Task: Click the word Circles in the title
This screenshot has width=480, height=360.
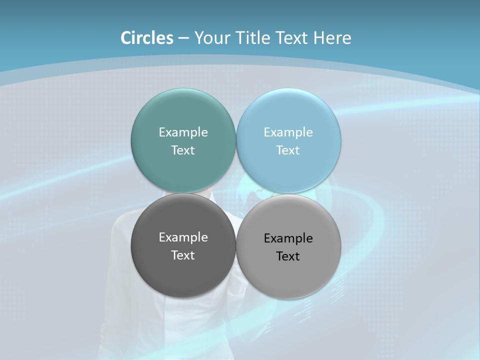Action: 147,38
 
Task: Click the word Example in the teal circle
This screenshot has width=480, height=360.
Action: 183,132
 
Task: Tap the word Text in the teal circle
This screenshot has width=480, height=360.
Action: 183,150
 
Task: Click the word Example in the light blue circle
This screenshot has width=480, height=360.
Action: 288,132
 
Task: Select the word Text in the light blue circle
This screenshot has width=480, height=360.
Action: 288,150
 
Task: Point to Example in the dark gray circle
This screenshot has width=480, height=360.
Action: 183,237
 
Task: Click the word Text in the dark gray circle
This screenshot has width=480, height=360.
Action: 183,255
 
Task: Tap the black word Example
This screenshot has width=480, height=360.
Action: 288,238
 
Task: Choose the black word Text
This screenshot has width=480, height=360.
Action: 288,256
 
